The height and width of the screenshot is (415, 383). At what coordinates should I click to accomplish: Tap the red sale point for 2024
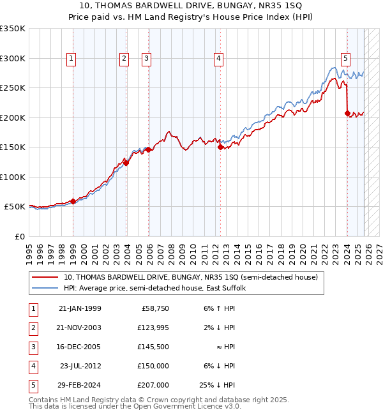point(347,114)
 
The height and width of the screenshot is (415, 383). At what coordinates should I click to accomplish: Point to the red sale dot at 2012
point(220,147)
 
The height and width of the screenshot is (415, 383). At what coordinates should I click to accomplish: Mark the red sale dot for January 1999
point(73,201)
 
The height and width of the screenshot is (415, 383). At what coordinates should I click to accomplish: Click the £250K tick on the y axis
point(13,87)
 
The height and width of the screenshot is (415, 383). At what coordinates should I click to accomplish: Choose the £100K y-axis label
point(13,177)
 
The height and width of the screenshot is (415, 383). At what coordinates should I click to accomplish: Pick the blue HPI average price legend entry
point(159,288)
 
